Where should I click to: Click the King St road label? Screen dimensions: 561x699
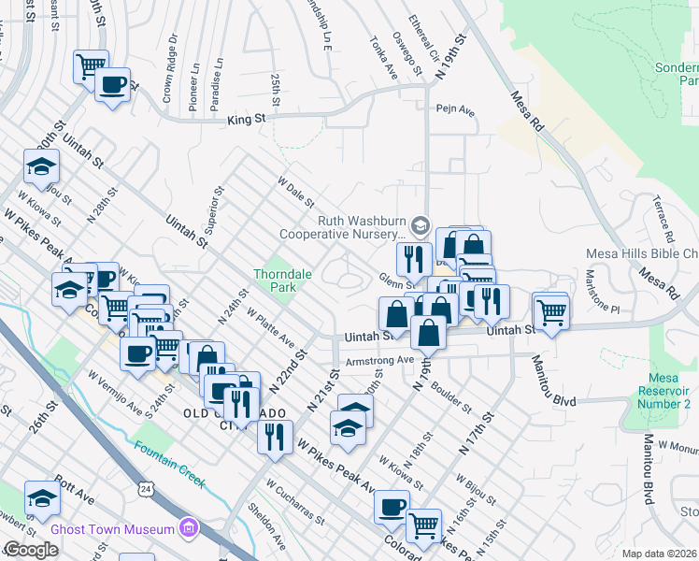click(x=249, y=119)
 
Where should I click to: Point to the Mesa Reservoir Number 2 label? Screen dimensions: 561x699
click(x=664, y=390)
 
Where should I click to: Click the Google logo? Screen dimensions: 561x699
click(x=30, y=550)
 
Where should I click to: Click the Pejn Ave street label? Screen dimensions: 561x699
click(x=455, y=111)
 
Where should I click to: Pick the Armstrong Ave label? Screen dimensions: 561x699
click(x=378, y=360)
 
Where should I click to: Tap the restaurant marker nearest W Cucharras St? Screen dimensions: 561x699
click(x=275, y=437)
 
